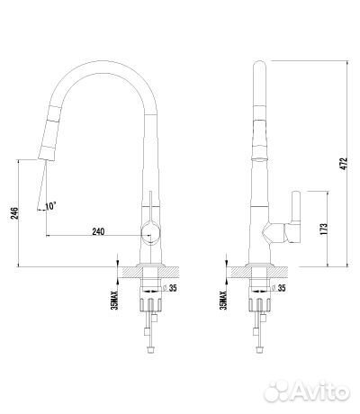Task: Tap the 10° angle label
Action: (x=50, y=206)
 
